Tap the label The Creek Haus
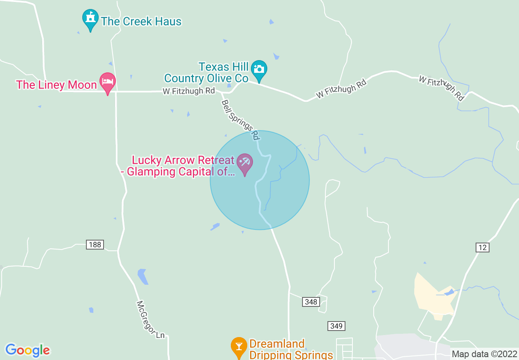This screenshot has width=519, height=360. [141, 22]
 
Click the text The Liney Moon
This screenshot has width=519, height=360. [56, 85]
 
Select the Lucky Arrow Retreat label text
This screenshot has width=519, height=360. [181, 166]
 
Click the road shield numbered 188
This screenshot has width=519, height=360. [95, 245]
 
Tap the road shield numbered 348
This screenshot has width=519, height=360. [311, 302]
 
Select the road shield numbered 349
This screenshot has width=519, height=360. [336, 326]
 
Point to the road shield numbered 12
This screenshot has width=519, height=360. [483, 247]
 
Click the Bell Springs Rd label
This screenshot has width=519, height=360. [240, 119]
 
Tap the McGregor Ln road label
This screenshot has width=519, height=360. [150, 320]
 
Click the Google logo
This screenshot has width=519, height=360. [28, 350]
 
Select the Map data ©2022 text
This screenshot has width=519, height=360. [484, 354]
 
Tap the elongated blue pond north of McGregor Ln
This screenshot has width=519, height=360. [142, 277]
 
